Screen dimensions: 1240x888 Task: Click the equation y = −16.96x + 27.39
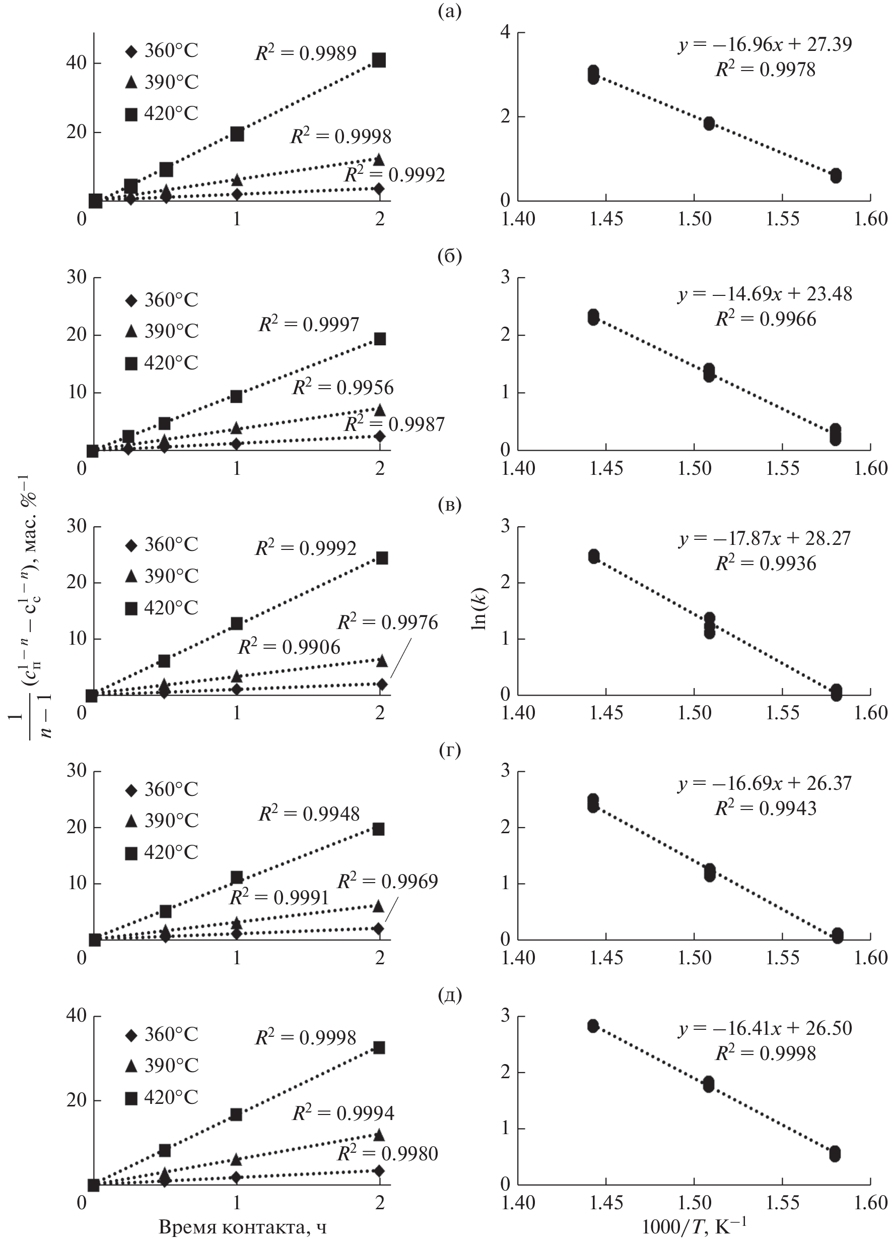click(765, 44)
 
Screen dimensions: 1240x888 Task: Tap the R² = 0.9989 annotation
click(306, 53)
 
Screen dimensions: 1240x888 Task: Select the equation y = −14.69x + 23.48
click(765, 294)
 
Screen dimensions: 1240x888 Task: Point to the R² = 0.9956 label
click(343, 388)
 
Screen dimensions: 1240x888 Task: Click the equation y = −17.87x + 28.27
click(765, 538)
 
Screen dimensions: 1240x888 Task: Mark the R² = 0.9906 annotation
click(289, 647)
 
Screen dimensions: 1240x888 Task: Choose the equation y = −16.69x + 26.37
click(765, 783)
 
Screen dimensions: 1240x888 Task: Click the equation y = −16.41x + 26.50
click(765, 1028)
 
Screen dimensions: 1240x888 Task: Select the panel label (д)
click(450, 996)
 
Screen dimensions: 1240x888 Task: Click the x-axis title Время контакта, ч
click(243, 1226)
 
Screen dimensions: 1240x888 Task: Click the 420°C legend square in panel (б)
click(131, 363)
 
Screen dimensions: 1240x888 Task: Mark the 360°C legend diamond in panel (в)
click(131, 545)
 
